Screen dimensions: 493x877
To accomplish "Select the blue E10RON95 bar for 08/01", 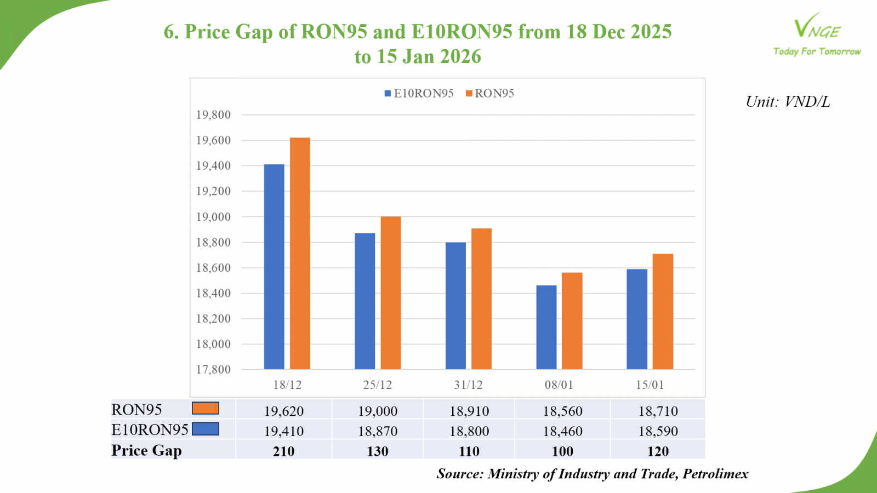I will coord(546,327).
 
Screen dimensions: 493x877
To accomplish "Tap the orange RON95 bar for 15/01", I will coord(663,311).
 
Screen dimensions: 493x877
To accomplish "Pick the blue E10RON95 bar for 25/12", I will coord(365,301).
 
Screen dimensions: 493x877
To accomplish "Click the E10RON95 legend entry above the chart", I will coord(419,94).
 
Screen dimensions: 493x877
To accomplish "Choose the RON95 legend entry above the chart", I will coord(490,94).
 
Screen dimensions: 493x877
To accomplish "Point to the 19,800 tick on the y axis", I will coord(213,115).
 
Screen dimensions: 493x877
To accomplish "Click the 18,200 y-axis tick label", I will coord(213,319).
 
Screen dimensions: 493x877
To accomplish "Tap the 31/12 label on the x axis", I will coord(468,385).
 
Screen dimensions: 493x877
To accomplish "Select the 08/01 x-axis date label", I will coord(559,385).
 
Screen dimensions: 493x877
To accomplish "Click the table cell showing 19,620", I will coord(283,411).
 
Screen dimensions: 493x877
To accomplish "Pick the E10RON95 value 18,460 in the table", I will coord(562,431).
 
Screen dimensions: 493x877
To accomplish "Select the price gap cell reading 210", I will coord(283,451).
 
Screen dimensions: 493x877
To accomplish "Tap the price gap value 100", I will coord(562,451).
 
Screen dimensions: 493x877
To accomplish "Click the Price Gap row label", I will coord(146,450).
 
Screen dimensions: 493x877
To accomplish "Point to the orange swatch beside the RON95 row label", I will coord(206,409).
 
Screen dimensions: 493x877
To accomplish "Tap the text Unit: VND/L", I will coord(788,102).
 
